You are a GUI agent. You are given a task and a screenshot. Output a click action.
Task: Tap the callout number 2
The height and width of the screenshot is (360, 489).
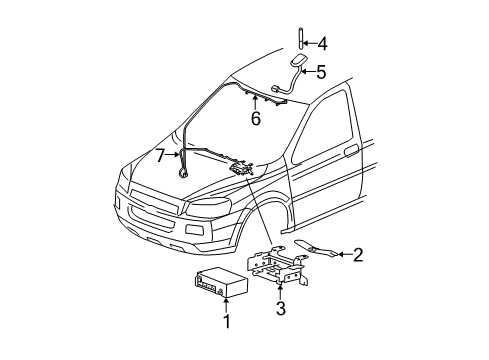[356, 255]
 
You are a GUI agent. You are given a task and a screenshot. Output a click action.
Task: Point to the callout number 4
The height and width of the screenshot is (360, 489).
[321, 43]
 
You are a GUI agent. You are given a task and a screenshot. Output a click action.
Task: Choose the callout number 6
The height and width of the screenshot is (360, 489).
[256, 117]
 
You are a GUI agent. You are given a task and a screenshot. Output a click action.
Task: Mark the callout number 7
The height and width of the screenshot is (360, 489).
[160, 155]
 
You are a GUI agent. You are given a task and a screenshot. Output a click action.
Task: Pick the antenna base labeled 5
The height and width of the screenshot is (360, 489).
[296, 67]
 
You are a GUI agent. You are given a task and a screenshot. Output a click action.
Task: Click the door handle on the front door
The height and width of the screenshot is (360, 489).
[349, 152]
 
